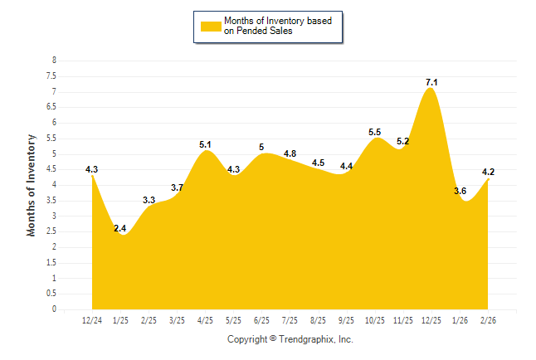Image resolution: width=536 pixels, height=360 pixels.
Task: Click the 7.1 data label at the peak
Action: click(x=431, y=82)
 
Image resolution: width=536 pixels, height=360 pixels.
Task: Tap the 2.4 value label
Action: click(x=120, y=228)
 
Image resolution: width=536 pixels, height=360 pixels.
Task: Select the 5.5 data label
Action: click(x=374, y=132)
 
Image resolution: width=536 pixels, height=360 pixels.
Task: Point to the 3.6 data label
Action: click(x=460, y=192)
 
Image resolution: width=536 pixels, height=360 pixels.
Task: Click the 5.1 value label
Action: click(x=206, y=144)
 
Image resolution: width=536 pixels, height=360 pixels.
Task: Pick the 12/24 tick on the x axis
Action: click(x=92, y=320)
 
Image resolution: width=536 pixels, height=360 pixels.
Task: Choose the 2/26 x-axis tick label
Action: click(x=488, y=320)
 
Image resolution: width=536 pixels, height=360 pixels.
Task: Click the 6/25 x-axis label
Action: click(x=261, y=320)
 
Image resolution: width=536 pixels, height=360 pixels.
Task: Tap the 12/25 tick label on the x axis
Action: click(x=431, y=320)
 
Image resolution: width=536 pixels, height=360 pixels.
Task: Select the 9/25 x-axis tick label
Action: click(x=346, y=320)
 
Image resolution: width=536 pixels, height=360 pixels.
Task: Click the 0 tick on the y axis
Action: click(x=54, y=309)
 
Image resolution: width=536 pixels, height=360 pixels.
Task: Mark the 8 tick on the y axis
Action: click(x=54, y=61)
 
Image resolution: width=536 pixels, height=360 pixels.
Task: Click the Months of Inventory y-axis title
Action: click(x=32, y=185)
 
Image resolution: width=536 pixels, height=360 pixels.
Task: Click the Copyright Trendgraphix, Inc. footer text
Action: click(x=290, y=339)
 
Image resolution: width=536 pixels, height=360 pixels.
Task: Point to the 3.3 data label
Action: click(x=149, y=200)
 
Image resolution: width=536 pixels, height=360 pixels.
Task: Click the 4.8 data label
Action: click(x=290, y=153)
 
